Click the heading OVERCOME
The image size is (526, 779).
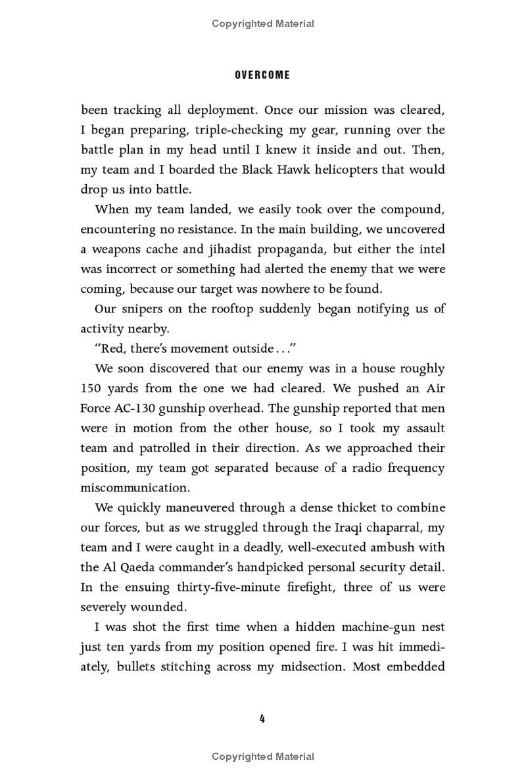[262, 75]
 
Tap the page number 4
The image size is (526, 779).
[262, 718]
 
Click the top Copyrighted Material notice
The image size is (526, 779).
[263, 24]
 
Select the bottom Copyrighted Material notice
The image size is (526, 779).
[263, 757]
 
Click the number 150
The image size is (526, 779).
[92, 389]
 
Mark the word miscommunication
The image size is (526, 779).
[135, 488]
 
